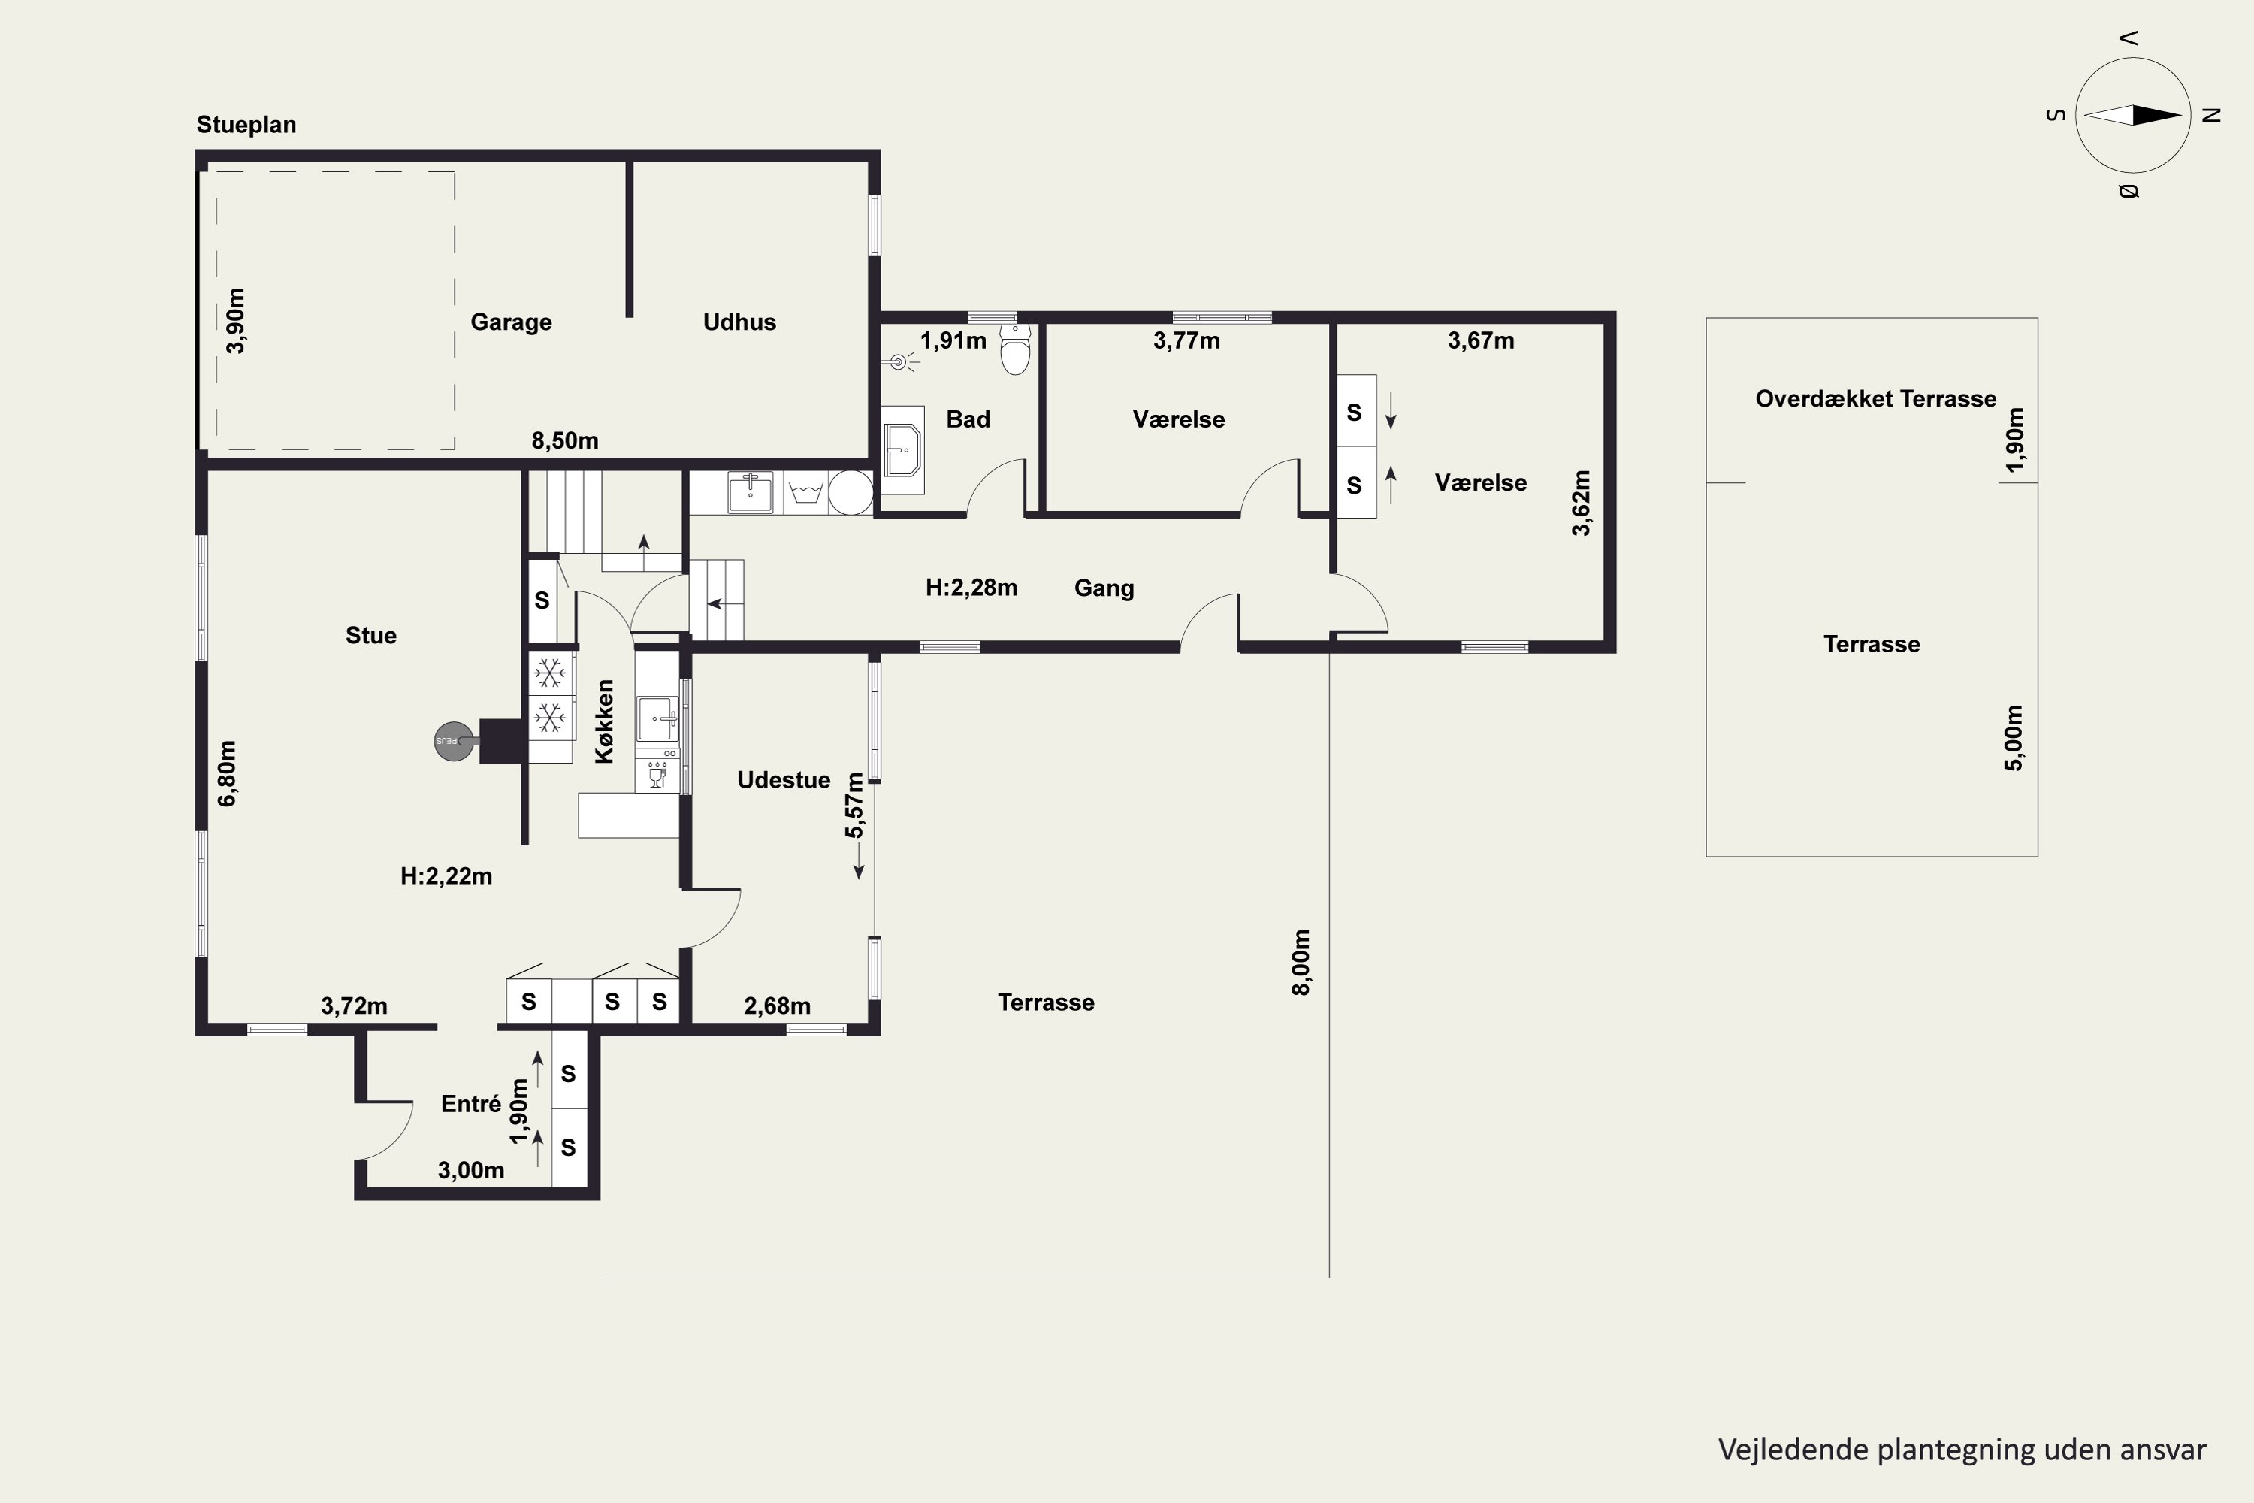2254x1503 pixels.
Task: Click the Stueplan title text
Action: (246, 126)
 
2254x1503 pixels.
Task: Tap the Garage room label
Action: (511, 322)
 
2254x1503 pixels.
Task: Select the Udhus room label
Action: (739, 322)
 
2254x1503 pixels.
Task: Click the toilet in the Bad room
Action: (1015, 348)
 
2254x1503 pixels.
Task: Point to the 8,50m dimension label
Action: (564, 441)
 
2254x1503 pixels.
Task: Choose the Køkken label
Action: (604, 721)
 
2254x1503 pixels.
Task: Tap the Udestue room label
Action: (783, 780)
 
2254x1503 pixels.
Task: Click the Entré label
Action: (470, 1104)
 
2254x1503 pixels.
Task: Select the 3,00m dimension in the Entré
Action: (470, 1170)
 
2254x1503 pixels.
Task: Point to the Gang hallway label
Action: (1104, 588)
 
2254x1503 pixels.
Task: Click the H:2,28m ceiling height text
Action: (971, 588)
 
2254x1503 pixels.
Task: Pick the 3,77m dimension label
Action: (1186, 341)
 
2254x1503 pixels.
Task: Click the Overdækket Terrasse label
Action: (1875, 399)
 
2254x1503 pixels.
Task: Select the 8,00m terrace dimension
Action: (1301, 963)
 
